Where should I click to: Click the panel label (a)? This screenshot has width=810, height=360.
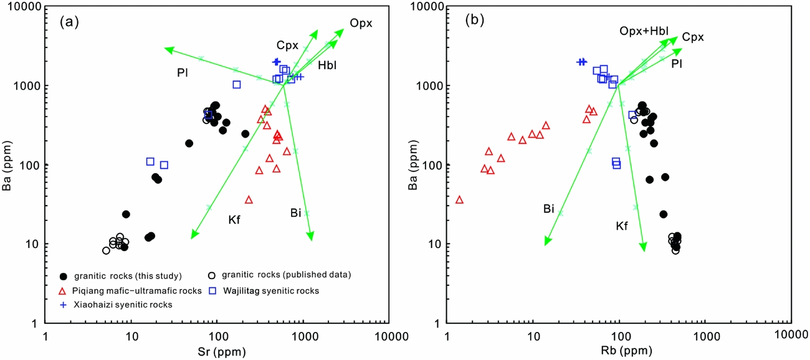pyautogui.click(x=69, y=23)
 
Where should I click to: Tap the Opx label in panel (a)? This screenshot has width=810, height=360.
pyautogui.click(x=361, y=23)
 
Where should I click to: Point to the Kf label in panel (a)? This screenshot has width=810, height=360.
pyautogui.click(x=234, y=220)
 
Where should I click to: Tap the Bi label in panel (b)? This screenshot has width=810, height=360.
pyautogui.click(x=548, y=209)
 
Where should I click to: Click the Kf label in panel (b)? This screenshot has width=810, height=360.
pyautogui.click(x=621, y=226)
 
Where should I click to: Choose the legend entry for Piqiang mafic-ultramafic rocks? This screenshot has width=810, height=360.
pyautogui.click(x=131, y=290)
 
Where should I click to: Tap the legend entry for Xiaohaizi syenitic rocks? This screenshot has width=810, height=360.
pyautogui.click(x=115, y=305)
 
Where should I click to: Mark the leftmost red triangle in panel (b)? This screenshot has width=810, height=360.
pyautogui.click(x=459, y=200)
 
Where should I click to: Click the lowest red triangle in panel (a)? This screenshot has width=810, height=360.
pyautogui.click(x=249, y=200)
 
